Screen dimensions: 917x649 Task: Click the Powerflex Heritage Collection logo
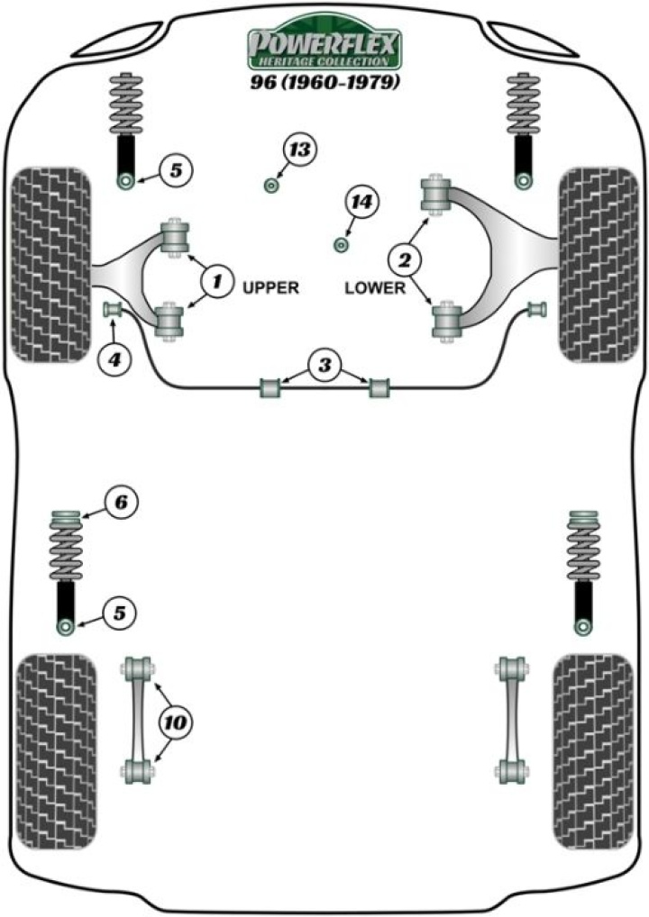tap(324, 46)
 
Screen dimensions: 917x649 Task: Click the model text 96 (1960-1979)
tap(324, 84)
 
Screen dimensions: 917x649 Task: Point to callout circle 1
tap(216, 282)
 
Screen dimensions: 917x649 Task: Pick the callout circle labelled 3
tap(324, 366)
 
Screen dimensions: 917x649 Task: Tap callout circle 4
tap(114, 361)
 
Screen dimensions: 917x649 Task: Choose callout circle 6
tap(121, 502)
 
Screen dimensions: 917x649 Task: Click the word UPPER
tap(270, 289)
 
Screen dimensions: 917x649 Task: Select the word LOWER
tap(370, 289)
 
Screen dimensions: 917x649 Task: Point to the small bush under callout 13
tap(270, 186)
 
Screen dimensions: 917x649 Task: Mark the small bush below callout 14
tap(342, 243)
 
